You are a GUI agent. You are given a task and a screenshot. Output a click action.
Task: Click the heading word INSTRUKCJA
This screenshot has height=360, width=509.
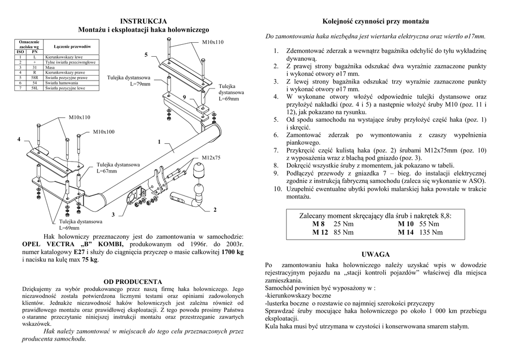(x=144, y=21)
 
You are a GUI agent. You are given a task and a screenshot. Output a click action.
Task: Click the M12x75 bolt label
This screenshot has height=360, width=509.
(x=211, y=158)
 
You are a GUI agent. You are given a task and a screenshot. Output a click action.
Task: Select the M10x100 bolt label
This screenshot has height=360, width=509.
(x=103, y=132)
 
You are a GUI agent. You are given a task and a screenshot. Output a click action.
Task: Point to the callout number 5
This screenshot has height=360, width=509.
(x=146, y=54)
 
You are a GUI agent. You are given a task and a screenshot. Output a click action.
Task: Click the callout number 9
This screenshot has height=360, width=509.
(x=184, y=96)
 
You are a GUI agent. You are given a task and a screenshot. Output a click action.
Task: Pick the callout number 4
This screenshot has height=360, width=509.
(x=19, y=139)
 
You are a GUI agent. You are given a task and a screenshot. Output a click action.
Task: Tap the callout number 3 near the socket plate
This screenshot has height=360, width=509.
(x=113, y=214)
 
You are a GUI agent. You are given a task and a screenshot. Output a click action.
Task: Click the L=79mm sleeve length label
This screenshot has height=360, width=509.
(x=140, y=84)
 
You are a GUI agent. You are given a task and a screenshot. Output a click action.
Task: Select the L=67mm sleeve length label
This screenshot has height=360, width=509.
(x=107, y=171)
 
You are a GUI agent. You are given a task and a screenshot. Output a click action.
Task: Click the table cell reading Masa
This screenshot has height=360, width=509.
(x=49, y=67)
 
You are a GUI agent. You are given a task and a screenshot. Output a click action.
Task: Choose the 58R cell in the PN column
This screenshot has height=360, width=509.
(x=35, y=78)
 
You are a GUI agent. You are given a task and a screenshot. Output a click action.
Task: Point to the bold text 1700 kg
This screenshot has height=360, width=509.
(x=232, y=252)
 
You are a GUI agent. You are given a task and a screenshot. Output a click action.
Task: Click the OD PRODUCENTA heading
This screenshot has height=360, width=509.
(x=133, y=281)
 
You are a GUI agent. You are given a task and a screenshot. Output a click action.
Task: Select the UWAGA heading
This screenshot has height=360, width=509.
(x=376, y=255)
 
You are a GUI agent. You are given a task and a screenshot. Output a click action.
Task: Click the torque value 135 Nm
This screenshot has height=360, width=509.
(x=431, y=232)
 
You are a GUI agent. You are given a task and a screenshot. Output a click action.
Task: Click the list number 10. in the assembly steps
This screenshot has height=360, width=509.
(x=277, y=189)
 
